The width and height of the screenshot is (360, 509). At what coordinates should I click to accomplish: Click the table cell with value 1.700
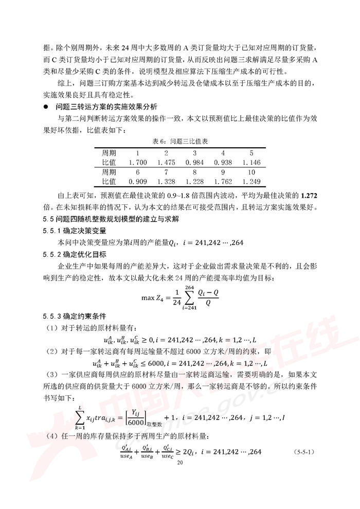[138, 163]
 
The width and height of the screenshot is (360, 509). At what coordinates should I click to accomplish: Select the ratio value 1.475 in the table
[166, 163]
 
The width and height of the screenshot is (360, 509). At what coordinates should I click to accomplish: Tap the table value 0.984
[194, 163]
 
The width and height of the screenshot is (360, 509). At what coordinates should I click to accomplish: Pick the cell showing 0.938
[223, 163]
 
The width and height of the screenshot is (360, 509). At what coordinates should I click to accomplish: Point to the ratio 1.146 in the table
[251, 163]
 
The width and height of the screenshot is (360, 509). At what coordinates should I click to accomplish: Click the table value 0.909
[138, 181]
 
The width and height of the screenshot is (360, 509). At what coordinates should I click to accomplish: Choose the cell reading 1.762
[223, 181]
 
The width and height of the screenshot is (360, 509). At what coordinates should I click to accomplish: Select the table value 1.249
[251, 181]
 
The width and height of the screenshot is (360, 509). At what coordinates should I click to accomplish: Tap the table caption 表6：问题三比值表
[179, 141]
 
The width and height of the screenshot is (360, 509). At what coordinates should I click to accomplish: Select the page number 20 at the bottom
[179, 462]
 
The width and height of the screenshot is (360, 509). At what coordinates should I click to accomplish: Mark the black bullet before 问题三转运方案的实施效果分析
[46, 107]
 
